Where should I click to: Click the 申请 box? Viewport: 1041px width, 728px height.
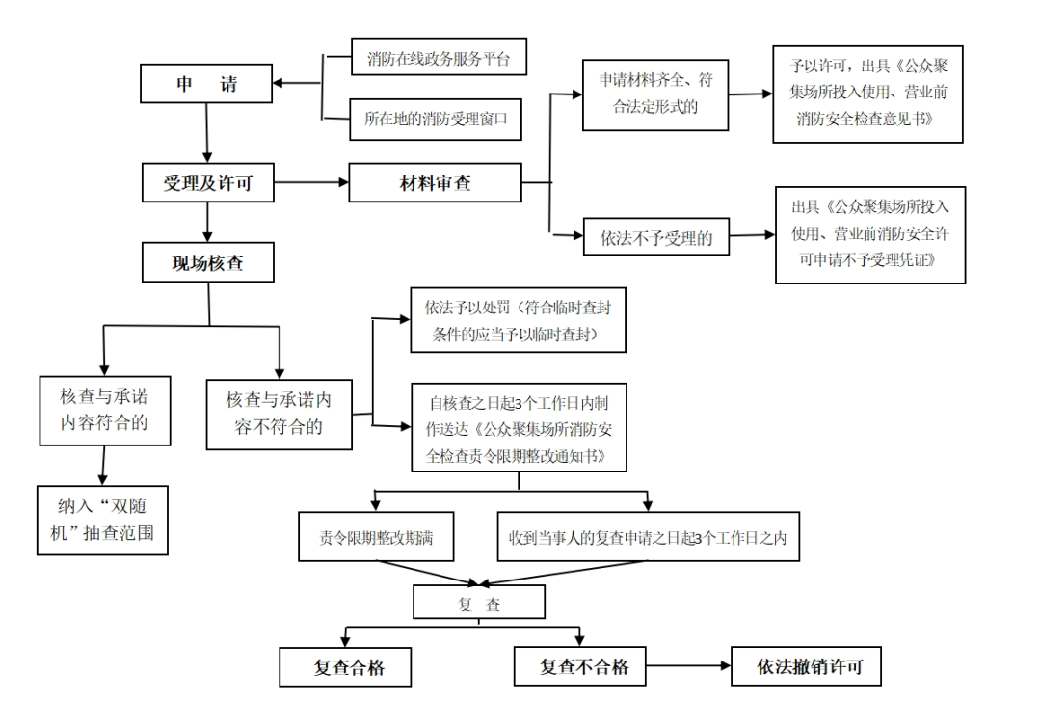coord(206,84)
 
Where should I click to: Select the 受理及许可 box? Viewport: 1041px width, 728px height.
coord(206,182)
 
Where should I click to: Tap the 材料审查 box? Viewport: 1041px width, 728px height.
coord(435,182)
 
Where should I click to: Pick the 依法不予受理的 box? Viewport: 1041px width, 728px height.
coord(656,238)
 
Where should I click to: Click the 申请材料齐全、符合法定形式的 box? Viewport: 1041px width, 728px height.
coord(655,94)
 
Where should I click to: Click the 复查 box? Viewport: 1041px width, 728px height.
coord(479,604)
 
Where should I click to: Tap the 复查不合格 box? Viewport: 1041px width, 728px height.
coord(584,666)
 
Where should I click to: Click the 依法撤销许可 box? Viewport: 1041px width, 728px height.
coord(806,666)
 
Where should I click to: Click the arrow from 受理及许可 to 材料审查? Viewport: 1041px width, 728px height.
coord(310,182)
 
